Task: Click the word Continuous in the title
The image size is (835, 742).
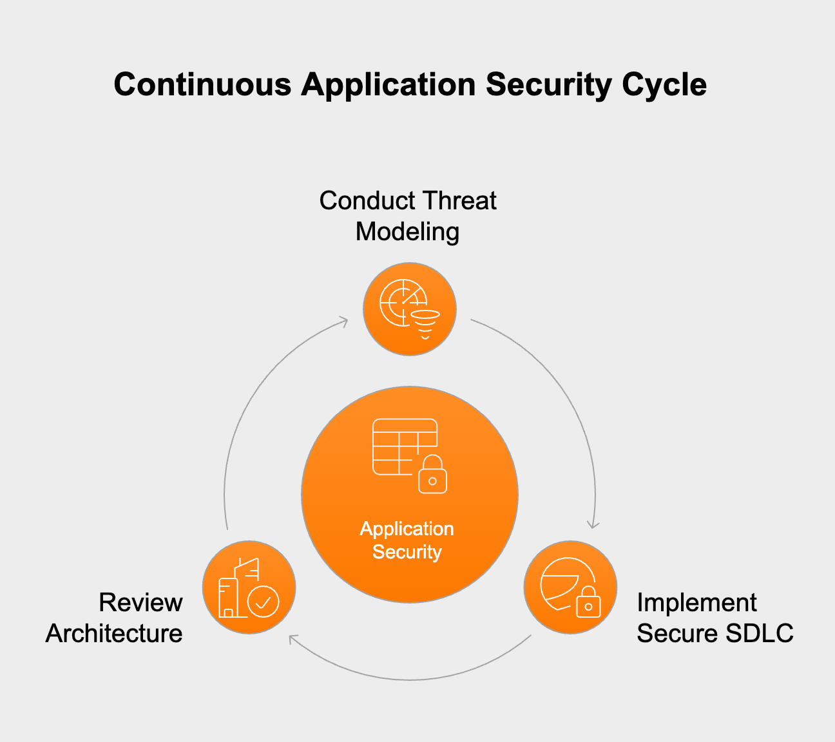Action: pos(202,84)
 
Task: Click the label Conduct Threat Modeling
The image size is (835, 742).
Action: pos(407,216)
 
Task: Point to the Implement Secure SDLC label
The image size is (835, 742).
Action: pos(714,618)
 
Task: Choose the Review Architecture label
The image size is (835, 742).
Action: pos(115,618)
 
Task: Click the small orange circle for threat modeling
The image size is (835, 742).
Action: pos(410,309)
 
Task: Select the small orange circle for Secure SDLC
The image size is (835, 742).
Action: pos(570,587)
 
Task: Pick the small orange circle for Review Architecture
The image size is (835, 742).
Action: pos(249,587)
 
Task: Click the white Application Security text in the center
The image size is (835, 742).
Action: pos(407,540)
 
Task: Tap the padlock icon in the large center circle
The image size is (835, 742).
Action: pos(432,475)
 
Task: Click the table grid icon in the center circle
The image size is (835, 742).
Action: pos(399,446)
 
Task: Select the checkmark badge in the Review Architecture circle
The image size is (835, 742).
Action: pos(264,602)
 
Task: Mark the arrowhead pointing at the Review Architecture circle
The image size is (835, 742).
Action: pos(293,639)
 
